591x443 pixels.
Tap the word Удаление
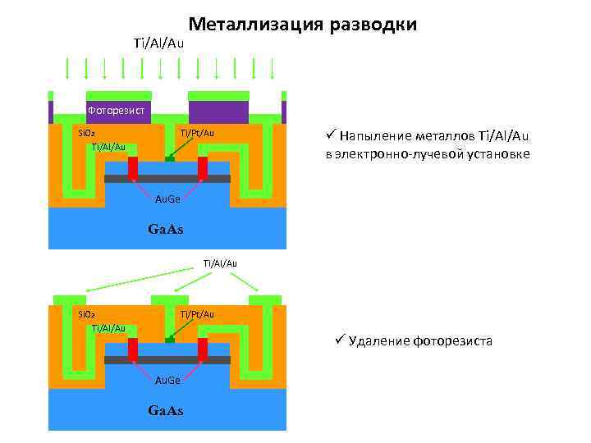point(381,340)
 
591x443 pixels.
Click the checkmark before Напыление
point(330,135)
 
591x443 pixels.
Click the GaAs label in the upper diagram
point(165,230)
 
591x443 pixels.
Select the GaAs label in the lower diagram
point(165,409)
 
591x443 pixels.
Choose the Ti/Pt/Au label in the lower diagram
point(197,314)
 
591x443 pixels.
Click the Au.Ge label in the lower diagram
point(167,379)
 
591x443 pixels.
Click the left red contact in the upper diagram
point(133,167)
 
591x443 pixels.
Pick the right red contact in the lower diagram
point(202,349)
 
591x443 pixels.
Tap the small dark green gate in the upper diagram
point(169,158)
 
